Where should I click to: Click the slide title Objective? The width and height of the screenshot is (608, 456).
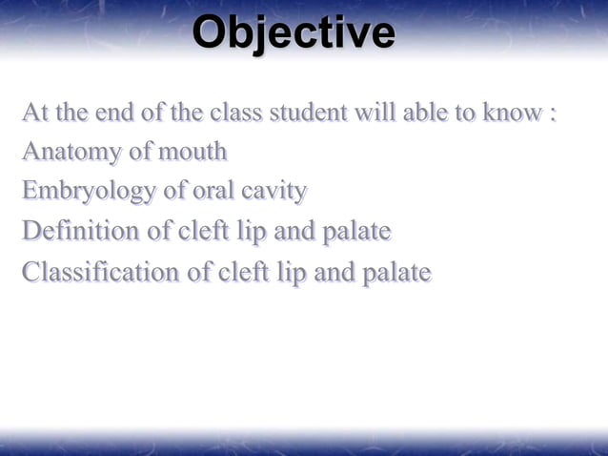294,34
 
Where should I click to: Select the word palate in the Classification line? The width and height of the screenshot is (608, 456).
395,274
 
